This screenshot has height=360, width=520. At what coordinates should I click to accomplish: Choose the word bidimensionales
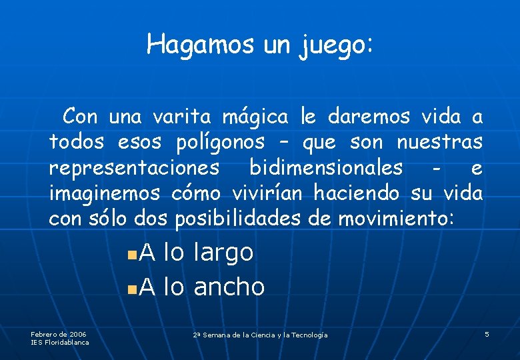point(325,168)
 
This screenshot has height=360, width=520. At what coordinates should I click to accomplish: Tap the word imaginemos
point(105,193)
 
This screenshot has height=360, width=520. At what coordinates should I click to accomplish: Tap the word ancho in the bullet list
point(229,287)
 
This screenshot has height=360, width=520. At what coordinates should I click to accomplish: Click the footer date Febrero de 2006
point(59,334)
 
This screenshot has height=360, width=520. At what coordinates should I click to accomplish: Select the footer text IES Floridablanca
point(60,342)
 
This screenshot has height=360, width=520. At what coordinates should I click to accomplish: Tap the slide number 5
point(487,334)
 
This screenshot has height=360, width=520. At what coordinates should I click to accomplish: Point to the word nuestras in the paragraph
point(439,143)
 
